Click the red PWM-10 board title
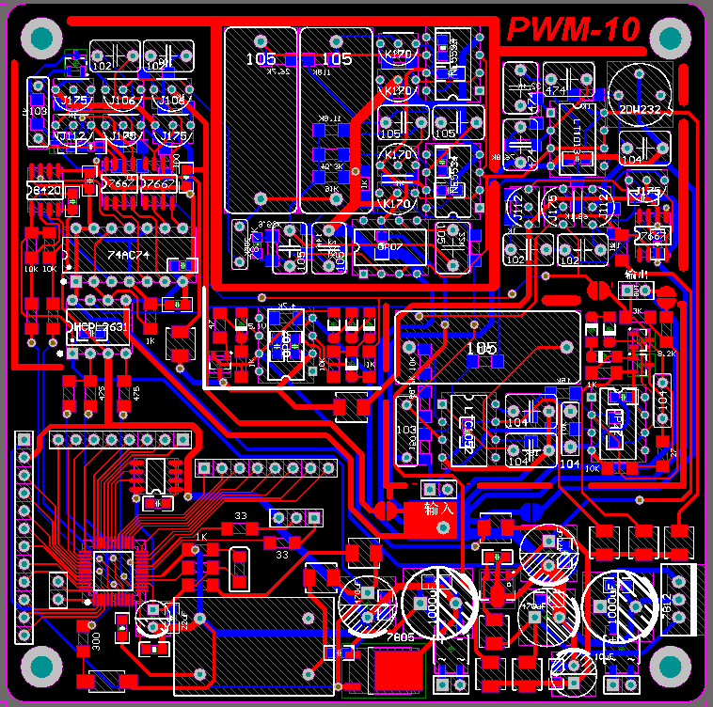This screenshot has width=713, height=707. pos(574,30)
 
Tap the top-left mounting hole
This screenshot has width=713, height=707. pos(42,39)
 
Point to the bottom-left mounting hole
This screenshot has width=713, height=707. pos(42,667)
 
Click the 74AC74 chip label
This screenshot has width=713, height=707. pos(128,254)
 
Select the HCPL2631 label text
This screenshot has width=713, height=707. pos(102,328)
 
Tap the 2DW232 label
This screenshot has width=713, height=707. pos(641,109)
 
